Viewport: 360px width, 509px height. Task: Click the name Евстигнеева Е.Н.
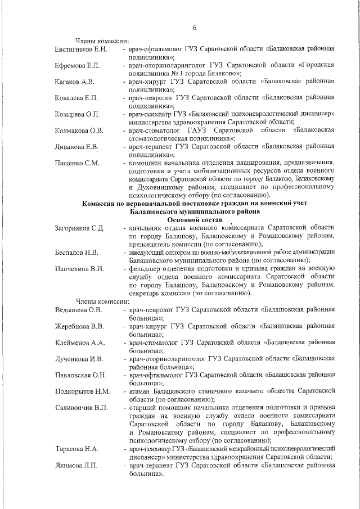(82, 50)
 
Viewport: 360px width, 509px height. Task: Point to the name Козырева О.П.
(78, 115)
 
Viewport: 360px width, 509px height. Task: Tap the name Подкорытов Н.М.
(83, 391)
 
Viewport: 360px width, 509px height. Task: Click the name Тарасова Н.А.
(77, 449)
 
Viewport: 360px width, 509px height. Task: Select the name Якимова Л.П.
(76, 465)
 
